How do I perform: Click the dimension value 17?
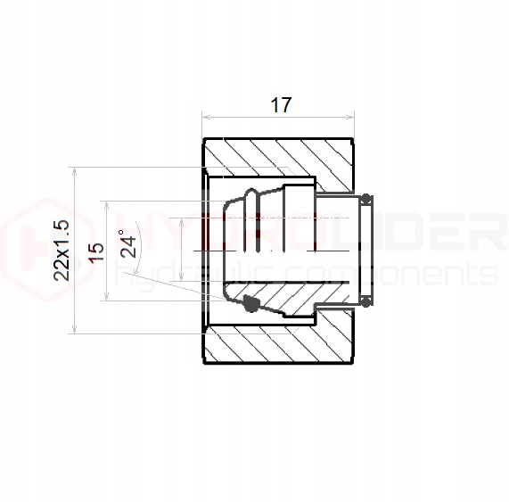281,105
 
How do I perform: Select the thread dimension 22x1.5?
62,250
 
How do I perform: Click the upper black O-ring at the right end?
365,197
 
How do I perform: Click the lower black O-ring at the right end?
365,304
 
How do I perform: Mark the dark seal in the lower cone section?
250,305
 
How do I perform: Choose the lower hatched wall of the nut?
279,343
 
